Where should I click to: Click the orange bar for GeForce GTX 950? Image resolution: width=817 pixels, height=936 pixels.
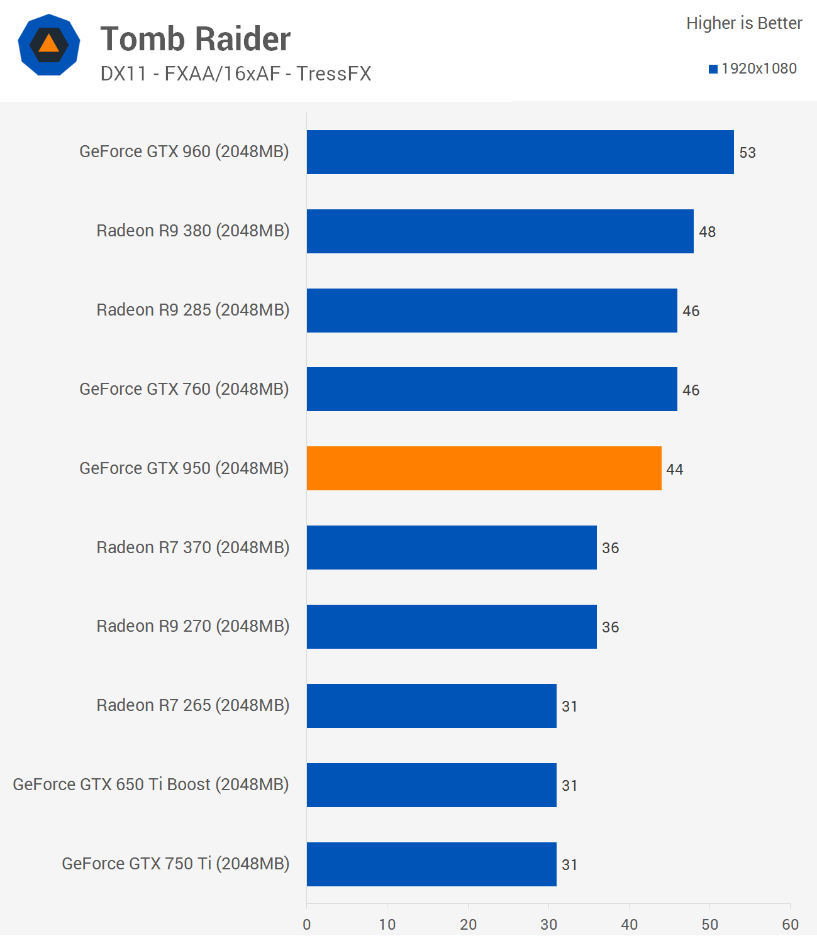pos(484,468)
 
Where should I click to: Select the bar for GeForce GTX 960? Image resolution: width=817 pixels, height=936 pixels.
pos(520,152)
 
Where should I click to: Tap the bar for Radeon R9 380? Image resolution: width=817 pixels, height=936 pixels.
pos(500,231)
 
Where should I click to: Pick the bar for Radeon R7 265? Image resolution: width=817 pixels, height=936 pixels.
pos(431,706)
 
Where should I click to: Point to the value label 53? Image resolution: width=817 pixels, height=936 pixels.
pos(747,153)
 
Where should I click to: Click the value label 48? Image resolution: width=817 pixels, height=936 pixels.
pos(707,232)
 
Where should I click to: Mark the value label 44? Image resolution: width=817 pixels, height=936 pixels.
pos(674,470)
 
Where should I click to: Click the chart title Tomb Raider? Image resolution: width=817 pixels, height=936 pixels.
pos(195,39)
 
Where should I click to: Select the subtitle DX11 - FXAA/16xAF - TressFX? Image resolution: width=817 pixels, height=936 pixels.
pos(235,74)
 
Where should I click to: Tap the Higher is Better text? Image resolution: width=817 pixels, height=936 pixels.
pos(744,23)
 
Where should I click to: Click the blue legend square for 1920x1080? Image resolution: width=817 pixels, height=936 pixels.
pos(713,69)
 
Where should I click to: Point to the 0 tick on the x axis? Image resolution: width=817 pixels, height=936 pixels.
pos(307,924)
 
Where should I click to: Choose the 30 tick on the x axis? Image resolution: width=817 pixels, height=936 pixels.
pos(548,924)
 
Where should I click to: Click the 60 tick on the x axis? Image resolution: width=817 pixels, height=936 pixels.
pos(790,924)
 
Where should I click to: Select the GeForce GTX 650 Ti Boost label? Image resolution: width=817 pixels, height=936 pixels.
pos(151,785)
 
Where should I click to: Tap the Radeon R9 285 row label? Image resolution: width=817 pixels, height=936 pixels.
pos(192,310)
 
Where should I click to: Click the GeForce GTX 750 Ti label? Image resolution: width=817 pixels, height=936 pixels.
pos(175,864)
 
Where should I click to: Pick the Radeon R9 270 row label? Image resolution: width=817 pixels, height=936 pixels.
pos(192,626)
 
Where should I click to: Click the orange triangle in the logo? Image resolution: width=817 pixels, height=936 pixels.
pos(48,44)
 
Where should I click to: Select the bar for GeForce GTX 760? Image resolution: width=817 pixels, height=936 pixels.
pos(492,389)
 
